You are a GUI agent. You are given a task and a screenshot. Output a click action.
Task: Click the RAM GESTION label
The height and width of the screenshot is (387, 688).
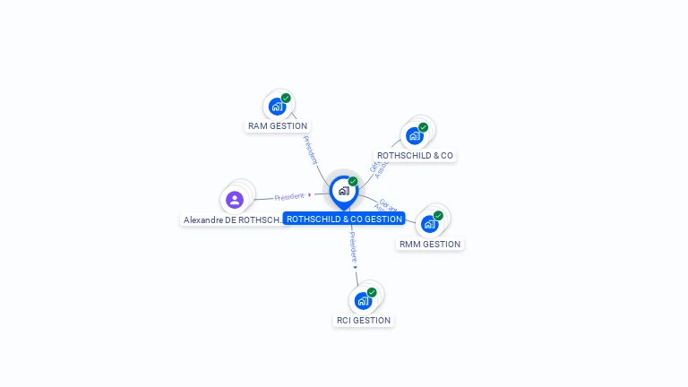pos(278,126)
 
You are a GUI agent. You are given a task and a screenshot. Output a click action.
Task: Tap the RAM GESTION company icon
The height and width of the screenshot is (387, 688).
pos(277,107)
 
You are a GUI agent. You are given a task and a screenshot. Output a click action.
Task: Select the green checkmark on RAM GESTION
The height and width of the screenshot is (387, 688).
pos(286,99)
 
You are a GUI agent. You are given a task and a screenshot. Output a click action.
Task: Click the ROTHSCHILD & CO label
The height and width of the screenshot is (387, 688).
pos(415,156)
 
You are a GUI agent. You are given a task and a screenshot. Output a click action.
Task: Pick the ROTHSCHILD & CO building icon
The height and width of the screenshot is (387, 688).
pos(414,136)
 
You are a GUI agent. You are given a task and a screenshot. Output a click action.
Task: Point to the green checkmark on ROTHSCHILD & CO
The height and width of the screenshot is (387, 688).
pos(423,127)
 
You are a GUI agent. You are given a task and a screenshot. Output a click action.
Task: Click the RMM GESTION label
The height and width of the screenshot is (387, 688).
pos(430,244)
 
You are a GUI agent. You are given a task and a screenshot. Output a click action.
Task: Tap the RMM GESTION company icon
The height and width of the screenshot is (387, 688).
pos(429,224)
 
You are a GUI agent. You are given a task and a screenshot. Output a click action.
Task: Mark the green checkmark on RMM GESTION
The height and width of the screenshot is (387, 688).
pos(438,215)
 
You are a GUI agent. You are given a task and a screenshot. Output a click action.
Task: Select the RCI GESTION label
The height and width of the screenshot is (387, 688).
pos(364,320)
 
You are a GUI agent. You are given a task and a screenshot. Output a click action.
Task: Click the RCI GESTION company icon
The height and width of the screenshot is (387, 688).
pos(363,300)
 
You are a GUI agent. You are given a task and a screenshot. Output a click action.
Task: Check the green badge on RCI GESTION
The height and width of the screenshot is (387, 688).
pos(372,292)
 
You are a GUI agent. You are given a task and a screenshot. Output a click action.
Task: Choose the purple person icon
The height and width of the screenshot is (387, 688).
pos(235,200)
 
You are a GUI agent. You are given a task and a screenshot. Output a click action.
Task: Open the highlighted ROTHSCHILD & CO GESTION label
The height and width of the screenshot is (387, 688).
pos(345,219)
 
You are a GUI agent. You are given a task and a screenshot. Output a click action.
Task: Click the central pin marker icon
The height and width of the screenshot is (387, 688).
pos(343,191)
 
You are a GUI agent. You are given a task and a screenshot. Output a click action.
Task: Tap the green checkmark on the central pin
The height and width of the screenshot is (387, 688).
pos(353,181)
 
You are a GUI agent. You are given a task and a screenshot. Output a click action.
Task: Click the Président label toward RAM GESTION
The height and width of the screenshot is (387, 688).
pos(310,150)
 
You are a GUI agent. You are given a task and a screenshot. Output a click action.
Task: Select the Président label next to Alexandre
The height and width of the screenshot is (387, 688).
pos(290,196)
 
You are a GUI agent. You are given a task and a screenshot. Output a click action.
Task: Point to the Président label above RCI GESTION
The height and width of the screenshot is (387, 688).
pos(353,245)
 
